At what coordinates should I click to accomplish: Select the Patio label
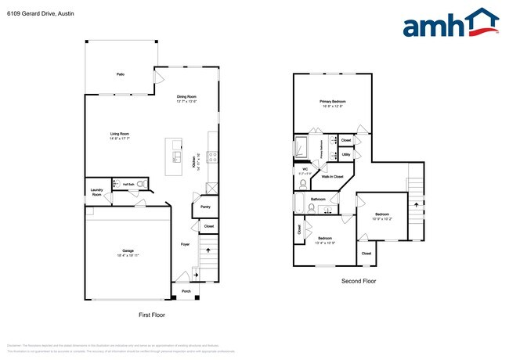(x=121, y=74)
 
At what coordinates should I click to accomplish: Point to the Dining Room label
(x=186, y=96)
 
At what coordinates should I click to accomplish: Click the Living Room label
(x=119, y=134)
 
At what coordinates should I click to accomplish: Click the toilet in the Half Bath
(x=141, y=184)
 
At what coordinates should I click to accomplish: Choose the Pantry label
(x=205, y=207)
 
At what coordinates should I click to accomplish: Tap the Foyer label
(x=185, y=244)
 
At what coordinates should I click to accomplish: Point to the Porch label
(x=186, y=291)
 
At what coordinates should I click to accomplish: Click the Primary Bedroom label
(x=332, y=101)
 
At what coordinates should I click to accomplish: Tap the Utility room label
(x=345, y=155)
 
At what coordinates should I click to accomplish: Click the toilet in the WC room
(x=302, y=185)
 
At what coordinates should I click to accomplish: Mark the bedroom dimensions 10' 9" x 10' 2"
(x=381, y=218)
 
